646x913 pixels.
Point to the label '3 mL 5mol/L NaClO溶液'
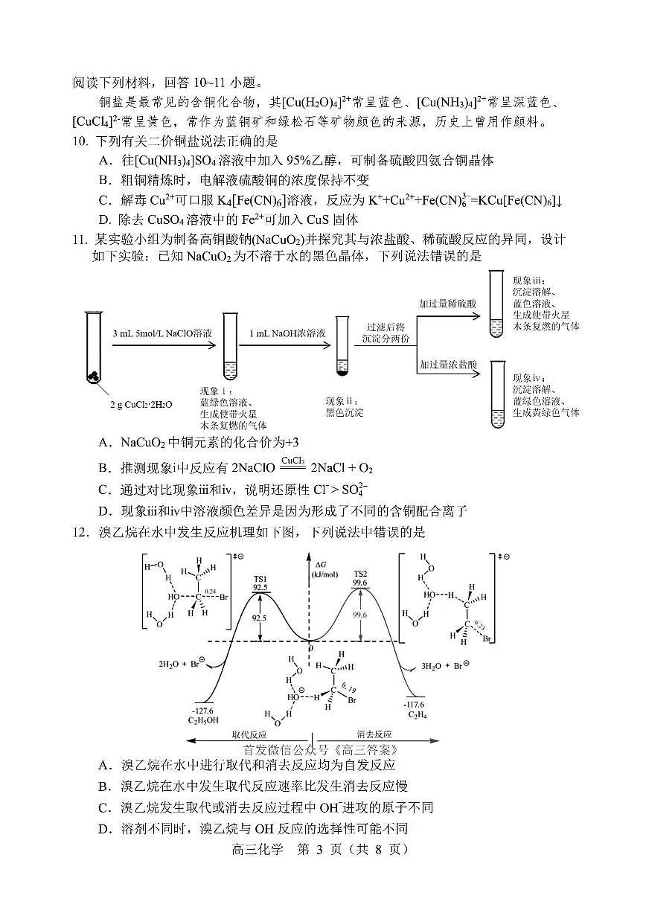pos(162,333)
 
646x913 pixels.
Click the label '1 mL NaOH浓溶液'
pos(287,333)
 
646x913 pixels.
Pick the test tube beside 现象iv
pos(496,394)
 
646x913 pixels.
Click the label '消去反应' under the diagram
pos(374,733)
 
